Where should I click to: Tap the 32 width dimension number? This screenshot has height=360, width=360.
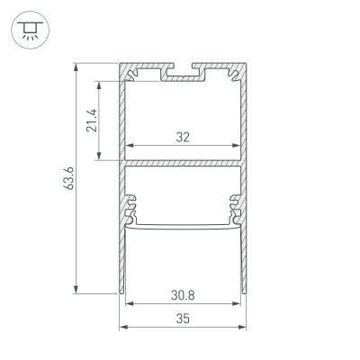coord(184,138)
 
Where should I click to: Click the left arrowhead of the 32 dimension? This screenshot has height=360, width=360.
coord(129,147)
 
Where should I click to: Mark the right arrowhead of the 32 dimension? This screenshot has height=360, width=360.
coord(238,147)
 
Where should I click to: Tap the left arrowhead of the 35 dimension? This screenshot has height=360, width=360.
coord(123,327)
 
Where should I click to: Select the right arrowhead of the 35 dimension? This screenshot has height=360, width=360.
coord(244,327)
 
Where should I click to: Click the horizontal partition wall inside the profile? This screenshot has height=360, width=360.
coord(184,163)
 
